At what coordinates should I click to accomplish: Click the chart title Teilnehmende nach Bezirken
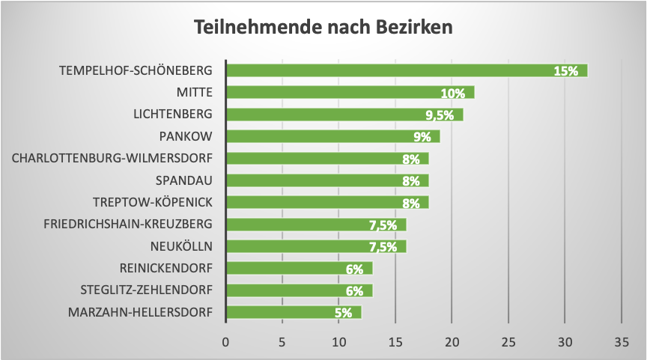point(323,28)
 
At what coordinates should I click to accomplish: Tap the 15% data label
point(565,71)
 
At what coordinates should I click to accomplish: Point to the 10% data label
point(452,94)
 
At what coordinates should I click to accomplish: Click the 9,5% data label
point(440,115)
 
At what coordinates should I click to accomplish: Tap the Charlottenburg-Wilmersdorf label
point(112,159)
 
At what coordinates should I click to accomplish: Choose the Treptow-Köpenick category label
point(153,203)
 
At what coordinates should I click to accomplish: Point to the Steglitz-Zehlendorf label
point(146,290)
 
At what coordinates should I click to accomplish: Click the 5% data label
point(343,313)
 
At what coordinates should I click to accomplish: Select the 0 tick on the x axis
point(225,341)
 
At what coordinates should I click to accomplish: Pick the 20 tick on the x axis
point(452,341)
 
